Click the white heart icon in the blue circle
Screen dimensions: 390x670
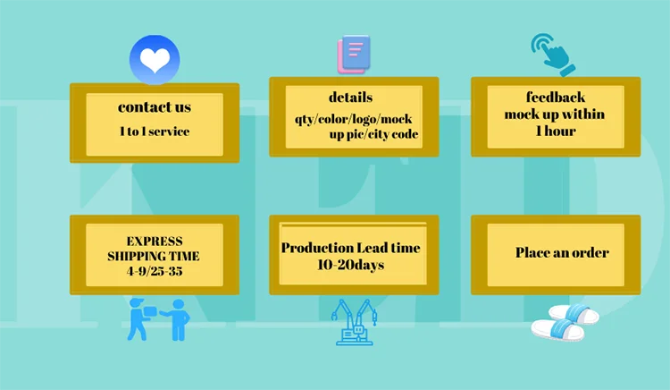[x=155, y=60]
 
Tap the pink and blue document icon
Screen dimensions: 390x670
[x=353, y=54]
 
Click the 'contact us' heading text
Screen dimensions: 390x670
[x=155, y=107]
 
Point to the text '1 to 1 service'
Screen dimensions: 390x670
[x=155, y=131]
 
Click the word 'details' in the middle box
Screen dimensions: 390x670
[x=351, y=97]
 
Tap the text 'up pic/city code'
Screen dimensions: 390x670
[x=382, y=134]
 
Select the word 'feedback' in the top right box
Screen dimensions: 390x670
[x=555, y=97]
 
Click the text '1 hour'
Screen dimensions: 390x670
[x=555, y=131]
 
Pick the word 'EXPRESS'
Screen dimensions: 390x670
[x=155, y=242]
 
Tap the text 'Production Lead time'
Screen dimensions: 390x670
[x=351, y=248]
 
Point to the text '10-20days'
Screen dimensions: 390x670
[x=351, y=265]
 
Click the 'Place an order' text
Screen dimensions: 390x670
[x=562, y=252]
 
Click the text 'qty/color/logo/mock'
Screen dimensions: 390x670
[x=354, y=118]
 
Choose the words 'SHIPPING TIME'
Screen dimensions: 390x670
[x=154, y=257]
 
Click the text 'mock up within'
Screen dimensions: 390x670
[x=555, y=114]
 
